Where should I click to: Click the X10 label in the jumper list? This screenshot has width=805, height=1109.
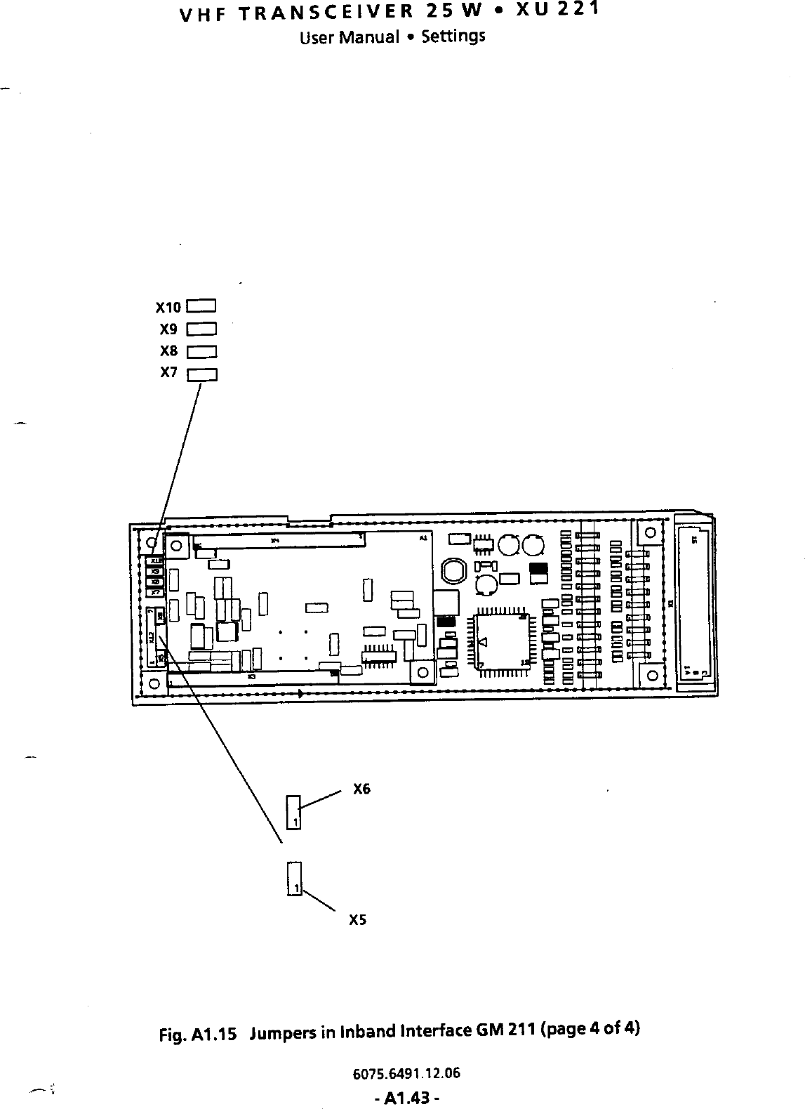[x=168, y=308]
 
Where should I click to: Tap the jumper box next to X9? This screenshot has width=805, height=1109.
[x=202, y=329]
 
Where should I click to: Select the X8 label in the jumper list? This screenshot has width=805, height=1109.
[x=169, y=350]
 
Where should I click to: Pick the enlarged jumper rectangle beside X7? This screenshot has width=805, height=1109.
[x=202, y=374]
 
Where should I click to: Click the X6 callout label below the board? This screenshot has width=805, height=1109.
[x=361, y=789]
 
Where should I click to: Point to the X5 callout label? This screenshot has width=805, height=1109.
[x=358, y=919]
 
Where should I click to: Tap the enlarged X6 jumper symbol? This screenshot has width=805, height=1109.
[x=293, y=812]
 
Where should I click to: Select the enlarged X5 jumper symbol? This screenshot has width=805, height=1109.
[x=293, y=879]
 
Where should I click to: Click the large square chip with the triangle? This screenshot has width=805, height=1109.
[x=501, y=642]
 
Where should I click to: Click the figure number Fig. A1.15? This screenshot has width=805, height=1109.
[x=201, y=1032]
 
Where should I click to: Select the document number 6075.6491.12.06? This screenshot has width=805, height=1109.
[x=407, y=1073]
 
